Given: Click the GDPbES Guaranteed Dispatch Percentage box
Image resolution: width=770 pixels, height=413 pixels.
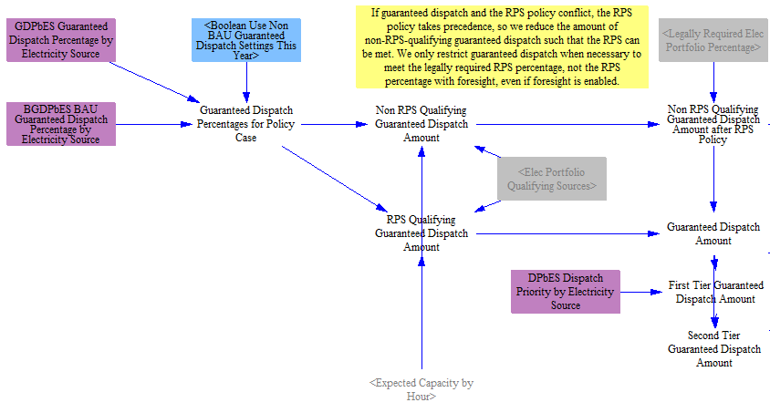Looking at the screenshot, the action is (x=61, y=40).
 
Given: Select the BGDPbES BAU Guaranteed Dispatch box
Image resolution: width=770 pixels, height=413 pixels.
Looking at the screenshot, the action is (x=61, y=124).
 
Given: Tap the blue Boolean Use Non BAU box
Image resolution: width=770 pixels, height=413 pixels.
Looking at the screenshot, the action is (x=246, y=40).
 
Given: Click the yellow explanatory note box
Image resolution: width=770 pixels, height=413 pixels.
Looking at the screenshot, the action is (x=502, y=47).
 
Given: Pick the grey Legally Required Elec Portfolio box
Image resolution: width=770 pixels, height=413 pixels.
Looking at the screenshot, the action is (x=714, y=40).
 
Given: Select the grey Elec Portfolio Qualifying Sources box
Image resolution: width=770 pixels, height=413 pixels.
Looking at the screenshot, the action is (x=552, y=179).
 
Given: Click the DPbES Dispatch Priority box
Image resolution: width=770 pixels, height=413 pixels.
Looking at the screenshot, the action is (x=566, y=292).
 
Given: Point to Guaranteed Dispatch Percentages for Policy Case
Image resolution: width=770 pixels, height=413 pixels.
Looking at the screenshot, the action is (x=245, y=124).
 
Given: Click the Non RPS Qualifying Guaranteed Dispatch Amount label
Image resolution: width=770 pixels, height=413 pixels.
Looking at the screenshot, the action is (x=421, y=124).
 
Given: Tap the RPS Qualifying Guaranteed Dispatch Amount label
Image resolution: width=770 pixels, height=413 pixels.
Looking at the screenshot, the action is (x=421, y=233).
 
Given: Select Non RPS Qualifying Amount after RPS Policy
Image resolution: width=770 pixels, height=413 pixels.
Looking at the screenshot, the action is (x=713, y=124).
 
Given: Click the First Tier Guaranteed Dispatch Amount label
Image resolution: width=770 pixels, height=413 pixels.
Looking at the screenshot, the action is (x=715, y=292).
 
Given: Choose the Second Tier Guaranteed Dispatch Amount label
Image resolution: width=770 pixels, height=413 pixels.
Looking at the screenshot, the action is (x=714, y=349).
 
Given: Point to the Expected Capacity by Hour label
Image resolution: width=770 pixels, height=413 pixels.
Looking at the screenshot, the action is (x=421, y=389).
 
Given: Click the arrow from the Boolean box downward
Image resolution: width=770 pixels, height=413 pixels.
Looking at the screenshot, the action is (x=246, y=82).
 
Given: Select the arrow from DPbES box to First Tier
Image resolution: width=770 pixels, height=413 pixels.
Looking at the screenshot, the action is (x=641, y=293).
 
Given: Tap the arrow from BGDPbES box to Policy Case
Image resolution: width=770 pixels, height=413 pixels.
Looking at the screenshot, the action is (x=153, y=125).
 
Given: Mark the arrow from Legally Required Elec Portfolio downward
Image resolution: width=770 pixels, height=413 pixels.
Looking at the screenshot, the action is (x=713, y=82).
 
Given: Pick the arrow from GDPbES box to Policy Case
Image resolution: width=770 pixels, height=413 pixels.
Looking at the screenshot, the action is (x=155, y=82).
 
